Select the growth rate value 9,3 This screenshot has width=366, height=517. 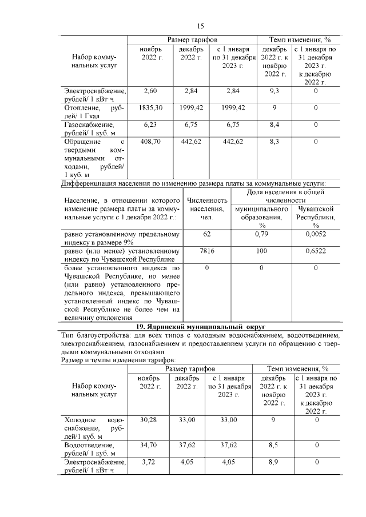(274, 91)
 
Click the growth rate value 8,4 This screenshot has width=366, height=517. (274, 124)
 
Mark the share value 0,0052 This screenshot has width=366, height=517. (315, 234)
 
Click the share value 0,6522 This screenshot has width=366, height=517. (315, 251)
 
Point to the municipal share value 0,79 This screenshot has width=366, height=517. (261, 234)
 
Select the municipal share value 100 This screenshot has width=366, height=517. (261, 251)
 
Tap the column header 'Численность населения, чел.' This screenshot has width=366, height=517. (206, 209)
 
